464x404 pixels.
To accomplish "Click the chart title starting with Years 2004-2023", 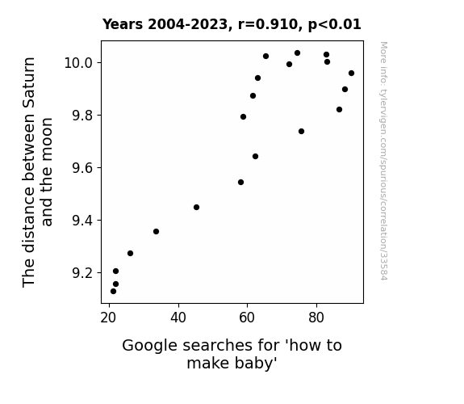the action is pos(232,24).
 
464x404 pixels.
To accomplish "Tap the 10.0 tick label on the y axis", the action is pos(78,63).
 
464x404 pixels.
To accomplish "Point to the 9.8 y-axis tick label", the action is pos(82,116).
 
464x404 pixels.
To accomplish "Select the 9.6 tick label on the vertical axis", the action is pos(82,168).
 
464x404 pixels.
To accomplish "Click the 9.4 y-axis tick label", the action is pos(82,221).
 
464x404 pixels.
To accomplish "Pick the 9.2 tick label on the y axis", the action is pos(82,272).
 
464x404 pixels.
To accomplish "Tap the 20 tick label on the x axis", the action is pos(109,318).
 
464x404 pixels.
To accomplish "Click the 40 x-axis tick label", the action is pos(178,318).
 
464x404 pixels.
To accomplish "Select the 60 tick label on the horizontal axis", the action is pos(247,318).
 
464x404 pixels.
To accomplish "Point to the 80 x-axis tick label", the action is pos(316,318).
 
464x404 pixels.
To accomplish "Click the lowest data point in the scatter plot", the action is pos(113,292).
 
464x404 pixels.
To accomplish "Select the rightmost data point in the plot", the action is pos(351,74).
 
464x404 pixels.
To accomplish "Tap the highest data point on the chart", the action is pos(298,53).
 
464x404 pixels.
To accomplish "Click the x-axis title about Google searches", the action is pos(232,354).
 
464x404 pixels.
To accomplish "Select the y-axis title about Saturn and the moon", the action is pos(37,172).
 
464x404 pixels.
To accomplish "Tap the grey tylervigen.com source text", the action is pos(383,161).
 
